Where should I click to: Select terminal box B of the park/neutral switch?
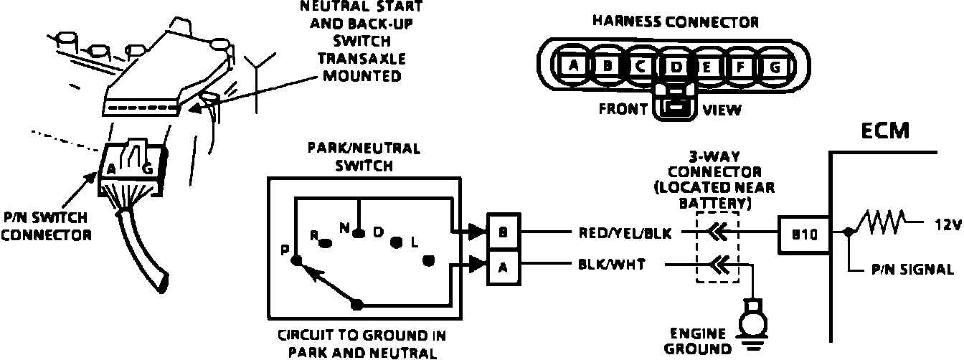(503, 232)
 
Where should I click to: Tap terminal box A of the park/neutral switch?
(503, 267)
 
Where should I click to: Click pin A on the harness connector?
(573, 66)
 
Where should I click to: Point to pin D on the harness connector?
(675, 67)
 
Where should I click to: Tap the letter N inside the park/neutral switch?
(344, 229)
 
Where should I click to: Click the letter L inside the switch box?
(414, 242)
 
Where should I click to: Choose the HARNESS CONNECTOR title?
(675, 22)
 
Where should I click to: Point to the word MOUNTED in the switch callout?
(361, 75)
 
